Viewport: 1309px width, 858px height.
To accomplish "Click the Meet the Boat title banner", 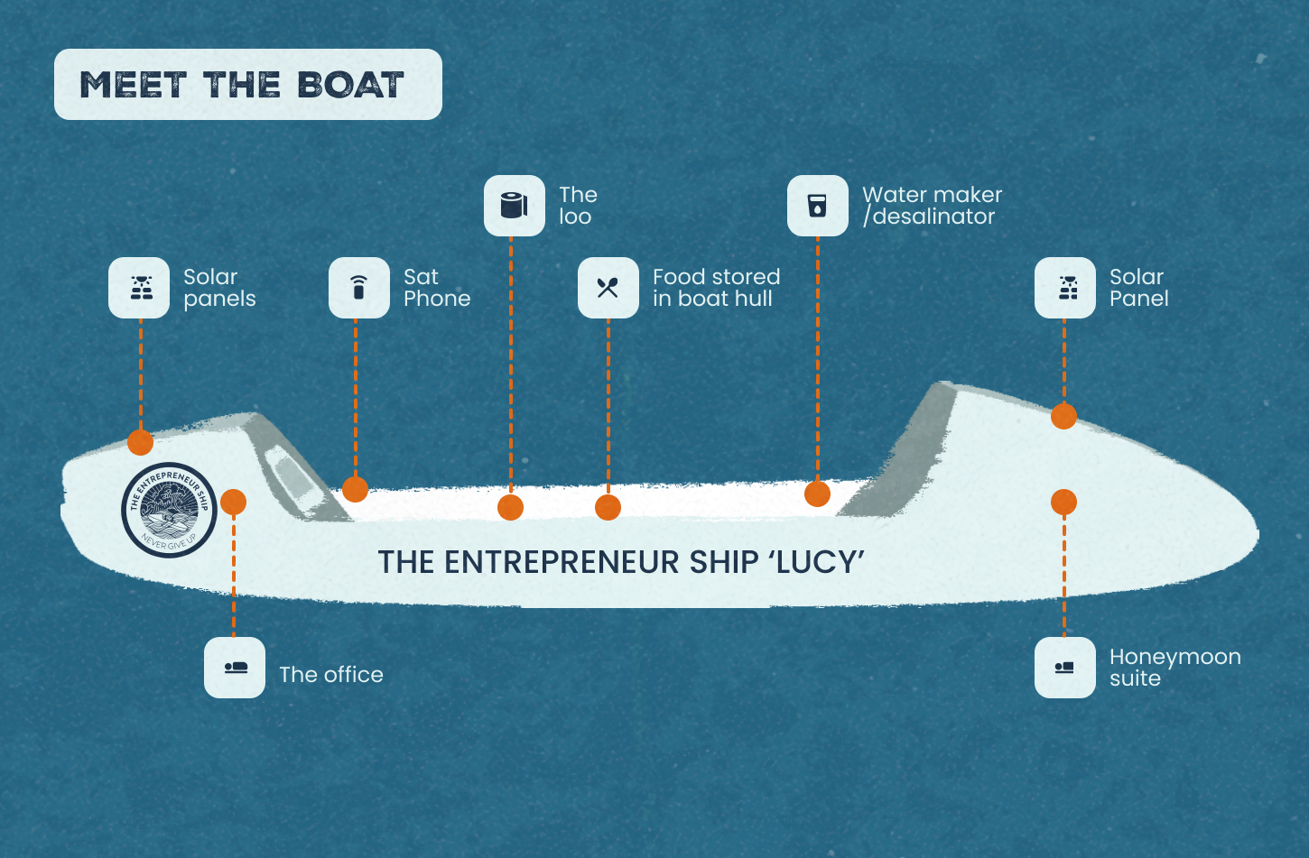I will [247, 85].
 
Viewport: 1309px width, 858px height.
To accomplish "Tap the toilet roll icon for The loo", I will [514, 206].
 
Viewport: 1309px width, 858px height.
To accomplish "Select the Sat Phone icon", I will [358, 288].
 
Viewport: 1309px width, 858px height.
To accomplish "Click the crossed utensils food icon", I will [608, 288].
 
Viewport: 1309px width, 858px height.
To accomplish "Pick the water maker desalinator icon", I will [817, 206].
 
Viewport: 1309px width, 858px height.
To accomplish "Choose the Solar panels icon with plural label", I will [139, 288].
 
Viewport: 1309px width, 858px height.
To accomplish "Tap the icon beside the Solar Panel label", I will [1064, 288].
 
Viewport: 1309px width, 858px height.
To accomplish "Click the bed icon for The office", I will [235, 668].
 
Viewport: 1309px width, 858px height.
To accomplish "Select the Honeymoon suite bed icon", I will [1064, 668].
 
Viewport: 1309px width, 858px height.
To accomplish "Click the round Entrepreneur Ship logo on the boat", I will [169, 510].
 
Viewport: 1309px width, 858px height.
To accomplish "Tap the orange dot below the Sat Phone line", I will [355, 489].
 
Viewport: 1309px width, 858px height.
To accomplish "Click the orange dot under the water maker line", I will [817, 494].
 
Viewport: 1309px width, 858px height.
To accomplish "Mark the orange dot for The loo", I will [510, 507].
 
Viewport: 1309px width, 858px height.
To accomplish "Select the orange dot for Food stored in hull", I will [608, 507].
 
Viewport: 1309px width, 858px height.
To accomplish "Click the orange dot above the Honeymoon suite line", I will [1063, 502].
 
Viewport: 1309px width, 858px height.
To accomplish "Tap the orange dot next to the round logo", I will [233, 502].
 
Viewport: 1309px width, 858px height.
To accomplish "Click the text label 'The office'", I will [330, 675].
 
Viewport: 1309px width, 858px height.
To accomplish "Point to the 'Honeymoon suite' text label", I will [1174, 668].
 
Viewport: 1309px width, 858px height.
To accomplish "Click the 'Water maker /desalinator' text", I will [932, 206].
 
